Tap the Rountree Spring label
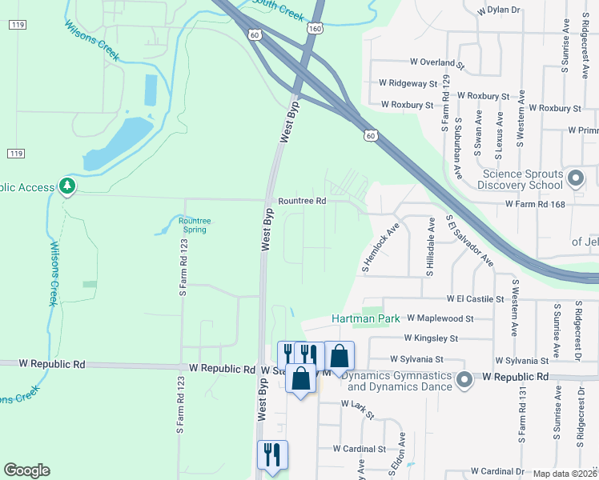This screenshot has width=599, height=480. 194,226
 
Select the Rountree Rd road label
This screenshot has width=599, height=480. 302,201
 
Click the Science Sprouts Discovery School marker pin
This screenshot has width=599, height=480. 574,178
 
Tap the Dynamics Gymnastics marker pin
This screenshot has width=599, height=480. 464,381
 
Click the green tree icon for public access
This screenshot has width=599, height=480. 67,187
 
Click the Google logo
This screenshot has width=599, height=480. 26,470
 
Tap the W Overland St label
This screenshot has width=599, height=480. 437,62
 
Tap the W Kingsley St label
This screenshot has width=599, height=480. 430,338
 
